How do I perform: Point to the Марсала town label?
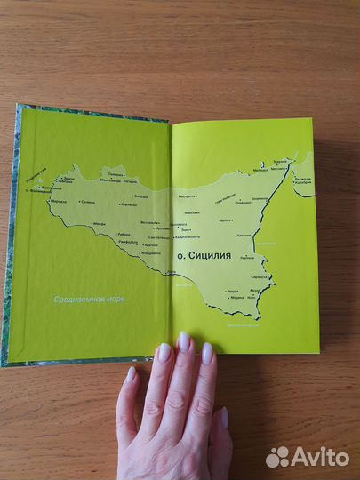58,202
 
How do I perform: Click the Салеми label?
87,204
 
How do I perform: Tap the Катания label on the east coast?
244,236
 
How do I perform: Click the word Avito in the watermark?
320,456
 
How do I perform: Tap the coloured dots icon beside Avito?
277,456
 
